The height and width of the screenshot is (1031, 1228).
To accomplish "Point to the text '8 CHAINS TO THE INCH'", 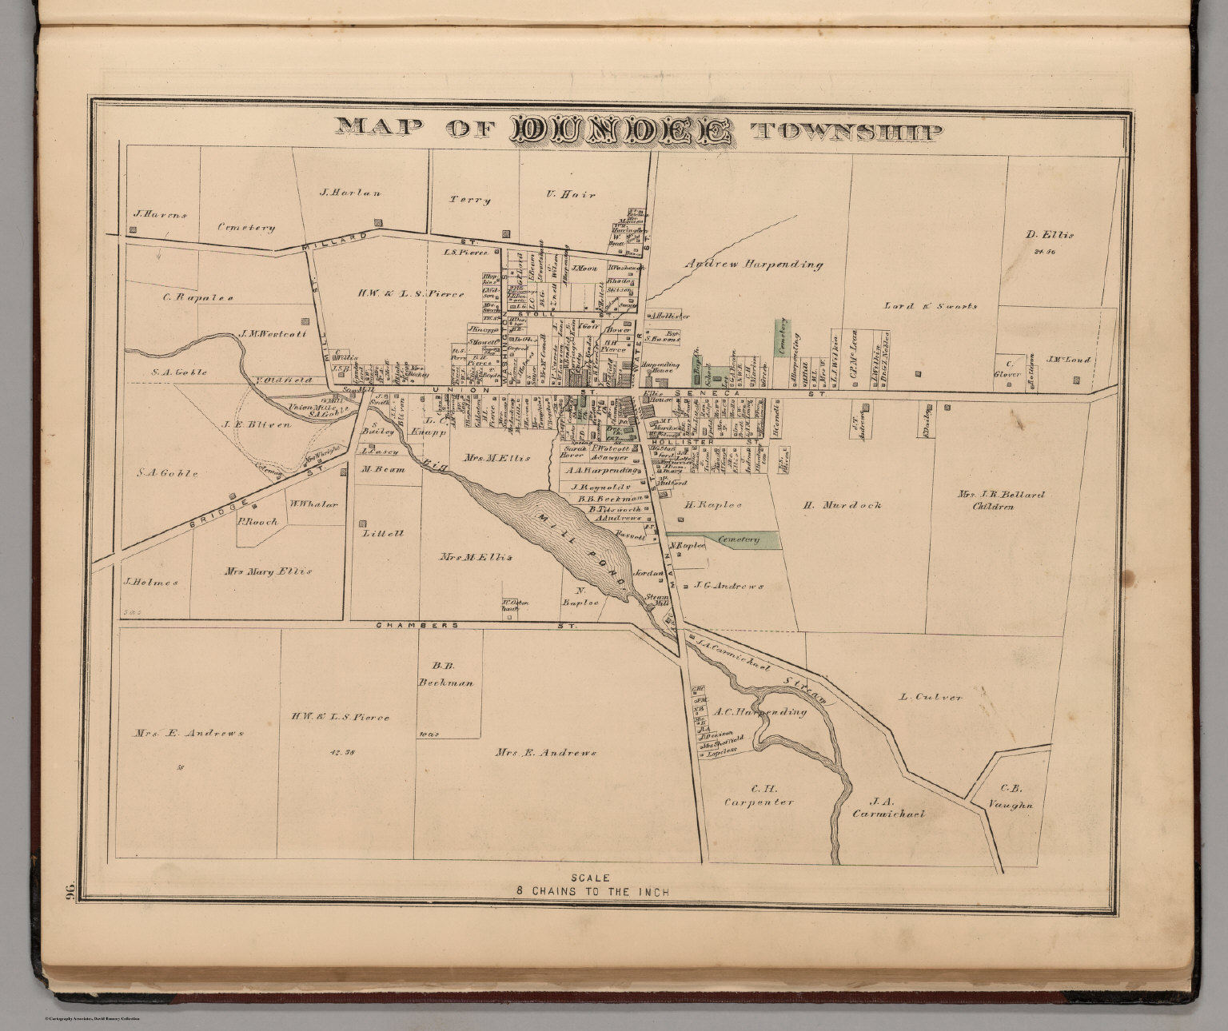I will (614, 891).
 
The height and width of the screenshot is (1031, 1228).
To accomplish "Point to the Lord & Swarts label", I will (930, 305).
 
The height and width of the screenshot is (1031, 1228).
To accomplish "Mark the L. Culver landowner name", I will (931, 697).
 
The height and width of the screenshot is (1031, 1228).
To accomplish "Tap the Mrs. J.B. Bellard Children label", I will (1001, 500).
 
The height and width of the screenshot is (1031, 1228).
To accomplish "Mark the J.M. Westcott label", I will (272, 335).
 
